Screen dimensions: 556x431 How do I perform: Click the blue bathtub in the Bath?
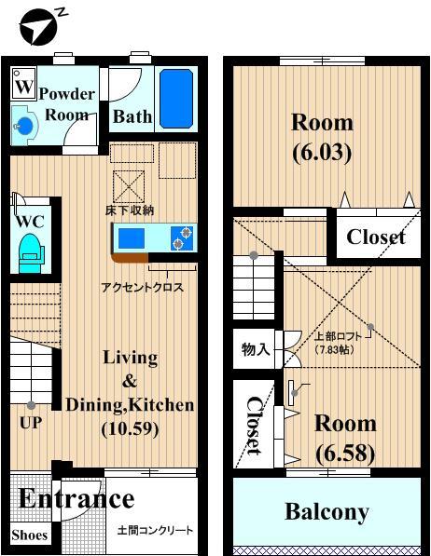[x=174, y=98]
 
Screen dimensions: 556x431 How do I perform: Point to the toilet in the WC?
[x=31, y=251]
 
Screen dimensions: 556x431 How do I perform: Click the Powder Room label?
[x=66, y=104]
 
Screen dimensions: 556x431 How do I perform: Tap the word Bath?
[x=131, y=118]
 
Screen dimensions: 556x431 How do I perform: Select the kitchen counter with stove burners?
[x=156, y=238]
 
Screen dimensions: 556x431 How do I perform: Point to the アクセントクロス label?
[x=142, y=288]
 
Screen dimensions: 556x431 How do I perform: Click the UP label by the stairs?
[x=31, y=421]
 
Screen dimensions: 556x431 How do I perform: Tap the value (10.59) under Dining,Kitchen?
[x=129, y=429]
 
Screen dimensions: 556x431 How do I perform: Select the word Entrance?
[x=76, y=498]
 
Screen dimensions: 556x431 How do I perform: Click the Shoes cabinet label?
[x=29, y=536]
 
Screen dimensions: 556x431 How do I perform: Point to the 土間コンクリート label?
[x=155, y=531]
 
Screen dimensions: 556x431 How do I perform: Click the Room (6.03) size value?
[x=322, y=153]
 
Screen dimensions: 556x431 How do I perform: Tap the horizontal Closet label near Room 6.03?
[x=376, y=237]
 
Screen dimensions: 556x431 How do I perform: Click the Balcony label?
[x=327, y=511]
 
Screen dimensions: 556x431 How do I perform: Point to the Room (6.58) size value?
[x=344, y=454]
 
